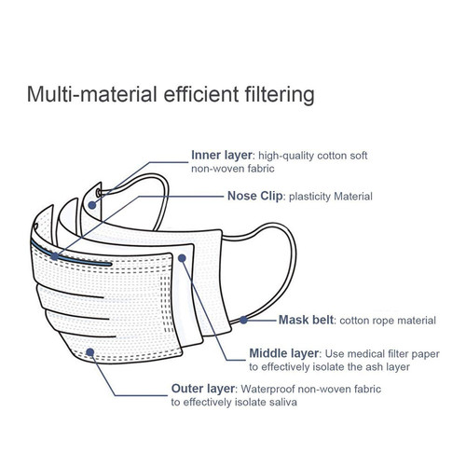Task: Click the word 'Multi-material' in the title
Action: point(92,94)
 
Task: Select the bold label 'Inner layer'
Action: point(222,155)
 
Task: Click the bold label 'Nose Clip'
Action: point(255,196)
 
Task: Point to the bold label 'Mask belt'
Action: point(306,320)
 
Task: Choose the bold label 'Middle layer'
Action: point(284,353)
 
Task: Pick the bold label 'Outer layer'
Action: point(203,389)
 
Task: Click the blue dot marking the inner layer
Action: point(92,205)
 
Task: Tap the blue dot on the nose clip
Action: point(55,256)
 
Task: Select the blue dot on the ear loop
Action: point(243,320)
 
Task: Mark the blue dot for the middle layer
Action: point(183,258)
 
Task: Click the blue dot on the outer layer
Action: point(90,352)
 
